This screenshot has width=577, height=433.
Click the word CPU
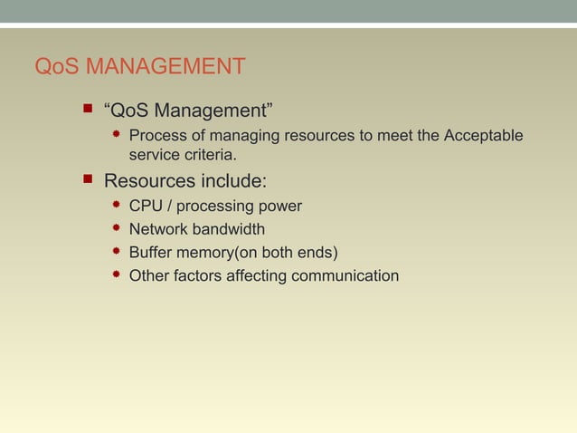click(147, 206)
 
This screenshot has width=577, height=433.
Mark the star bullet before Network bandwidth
click(117, 228)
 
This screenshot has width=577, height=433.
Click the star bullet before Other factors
click(117, 274)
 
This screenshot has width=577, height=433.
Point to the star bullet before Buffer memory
click(117, 251)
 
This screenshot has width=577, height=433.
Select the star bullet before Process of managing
click(117, 136)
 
